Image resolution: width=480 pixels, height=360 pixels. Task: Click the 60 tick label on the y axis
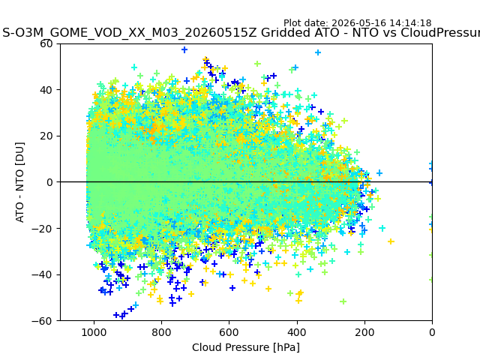pos(46,43)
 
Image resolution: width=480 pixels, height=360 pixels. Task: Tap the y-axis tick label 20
pos(46,136)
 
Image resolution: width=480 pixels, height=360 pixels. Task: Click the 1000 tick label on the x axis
pos(94,332)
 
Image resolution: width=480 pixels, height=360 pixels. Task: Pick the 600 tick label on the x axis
pos(229,332)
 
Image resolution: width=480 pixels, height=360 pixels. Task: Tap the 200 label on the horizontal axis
pos(364,332)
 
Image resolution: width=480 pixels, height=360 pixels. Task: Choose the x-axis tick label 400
pos(297,332)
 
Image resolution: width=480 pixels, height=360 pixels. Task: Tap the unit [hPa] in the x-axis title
pos(284,347)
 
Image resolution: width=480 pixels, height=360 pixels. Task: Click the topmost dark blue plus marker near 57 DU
pos(184,49)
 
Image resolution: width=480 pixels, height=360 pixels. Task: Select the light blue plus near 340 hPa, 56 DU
pos(318,52)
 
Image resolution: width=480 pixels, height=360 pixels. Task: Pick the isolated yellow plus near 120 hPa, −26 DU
pos(391,241)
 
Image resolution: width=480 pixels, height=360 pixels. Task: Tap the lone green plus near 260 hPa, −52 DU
pos(343,301)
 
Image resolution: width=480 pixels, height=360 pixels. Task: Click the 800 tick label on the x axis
pos(161,332)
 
